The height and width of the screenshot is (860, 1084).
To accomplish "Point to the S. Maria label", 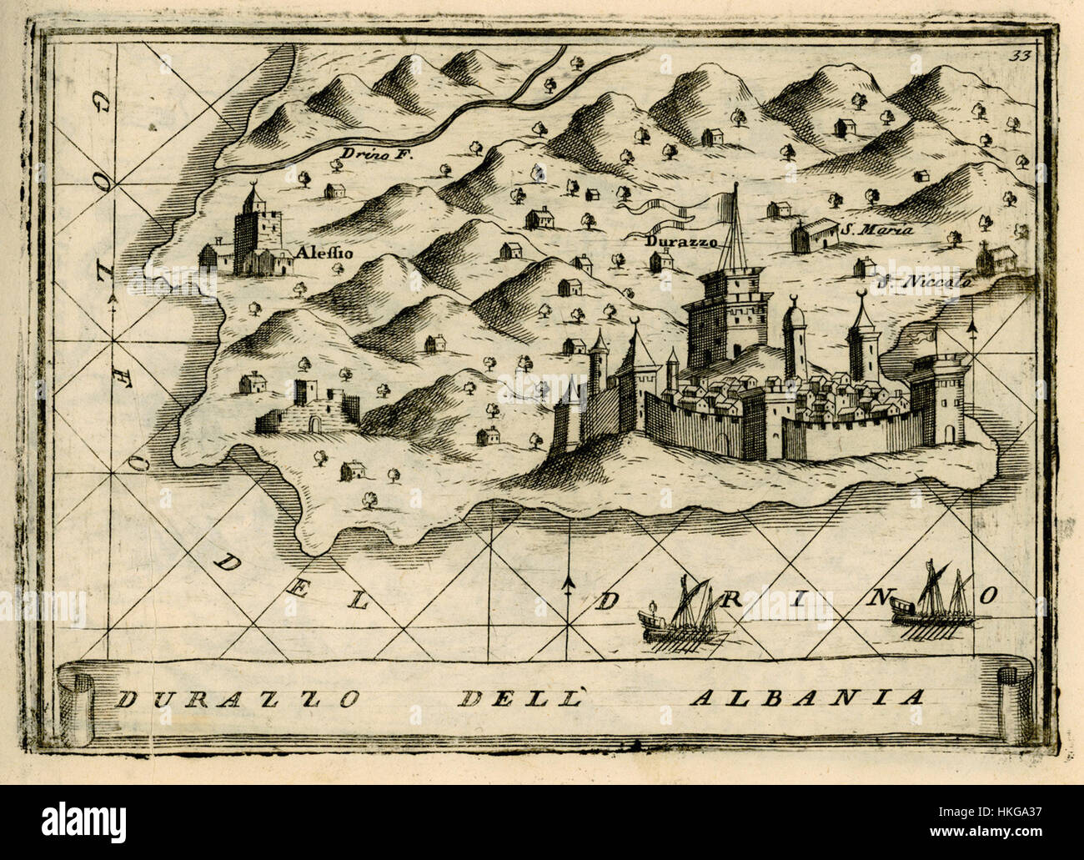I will coord(877,230).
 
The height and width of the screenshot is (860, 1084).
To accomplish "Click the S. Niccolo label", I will coord(924,282).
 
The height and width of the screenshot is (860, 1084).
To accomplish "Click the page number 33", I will coord(1016,56).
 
